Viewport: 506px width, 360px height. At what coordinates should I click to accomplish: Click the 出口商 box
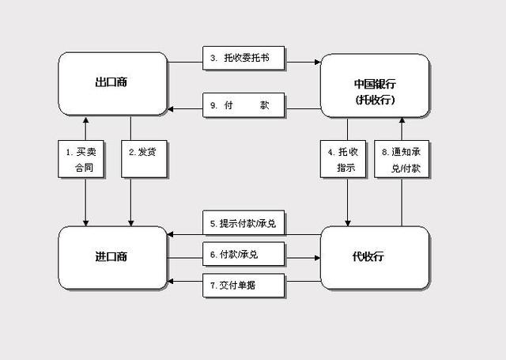click(x=112, y=83)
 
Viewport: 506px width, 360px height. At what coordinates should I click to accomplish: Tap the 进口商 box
click(x=112, y=256)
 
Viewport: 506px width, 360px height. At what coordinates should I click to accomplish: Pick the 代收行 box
click(x=375, y=256)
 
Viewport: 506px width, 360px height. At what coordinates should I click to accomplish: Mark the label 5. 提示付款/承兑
click(x=243, y=224)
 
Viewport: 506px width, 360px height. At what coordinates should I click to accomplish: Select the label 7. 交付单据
click(x=243, y=286)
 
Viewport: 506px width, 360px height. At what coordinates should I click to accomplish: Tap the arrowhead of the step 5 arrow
click(x=172, y=234)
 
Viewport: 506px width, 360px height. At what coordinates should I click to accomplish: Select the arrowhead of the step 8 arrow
click(x=402, y=121)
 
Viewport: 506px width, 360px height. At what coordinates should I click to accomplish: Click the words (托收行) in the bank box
click(x=375, y=100)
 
